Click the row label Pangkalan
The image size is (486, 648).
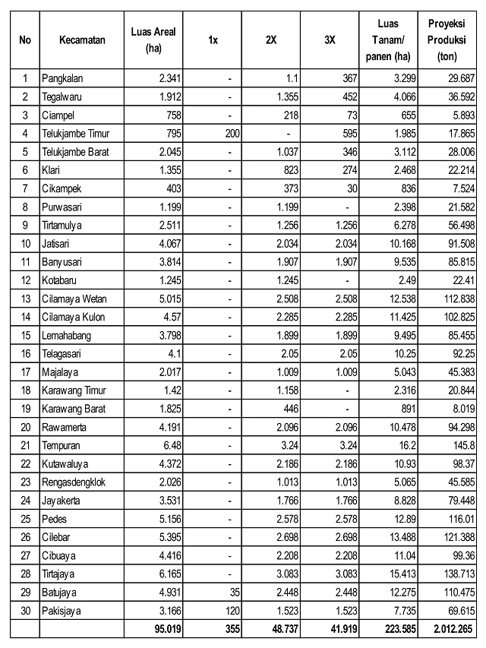(x=68, y=77)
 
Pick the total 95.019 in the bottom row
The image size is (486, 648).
(x=167, y=629)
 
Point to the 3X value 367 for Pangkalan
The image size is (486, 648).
(x=346, y=77)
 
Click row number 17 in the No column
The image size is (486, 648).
(x=25, y=372)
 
